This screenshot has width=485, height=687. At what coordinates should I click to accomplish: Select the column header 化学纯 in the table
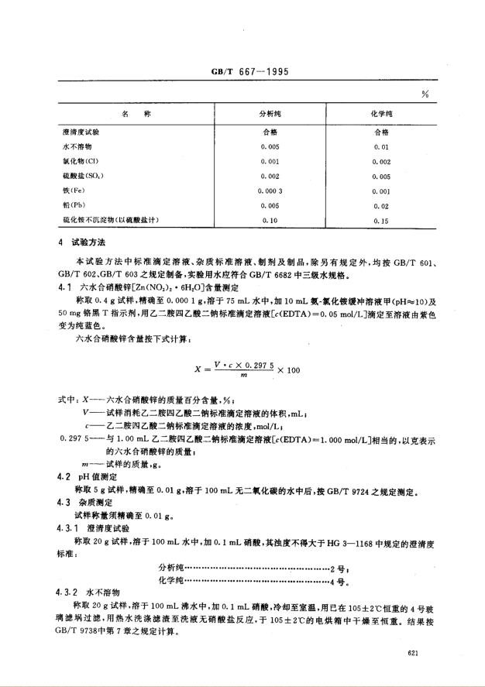pos(382,115)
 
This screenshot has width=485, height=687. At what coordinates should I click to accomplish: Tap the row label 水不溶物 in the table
pos(77,146)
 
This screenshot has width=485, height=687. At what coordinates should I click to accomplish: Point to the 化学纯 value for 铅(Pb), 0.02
pos(382,205)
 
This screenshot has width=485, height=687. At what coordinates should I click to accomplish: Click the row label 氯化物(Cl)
pos(80,161)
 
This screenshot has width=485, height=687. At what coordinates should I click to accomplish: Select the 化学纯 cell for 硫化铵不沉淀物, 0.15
pos(382,221)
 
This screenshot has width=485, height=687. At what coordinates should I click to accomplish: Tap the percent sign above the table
pos(425,94)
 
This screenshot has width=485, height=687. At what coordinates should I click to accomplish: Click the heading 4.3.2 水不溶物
pos(84,590)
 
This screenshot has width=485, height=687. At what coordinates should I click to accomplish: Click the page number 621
pos(413,655)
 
